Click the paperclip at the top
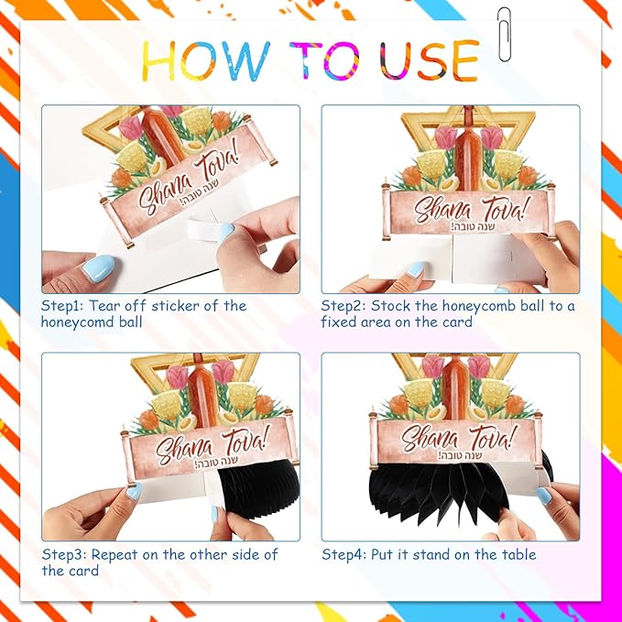coord(504,35)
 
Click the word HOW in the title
coord(206,60)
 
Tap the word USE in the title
coord(430,60)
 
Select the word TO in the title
coord(324,60)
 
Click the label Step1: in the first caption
coord(62,306)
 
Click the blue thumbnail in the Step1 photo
coord(98,268)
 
